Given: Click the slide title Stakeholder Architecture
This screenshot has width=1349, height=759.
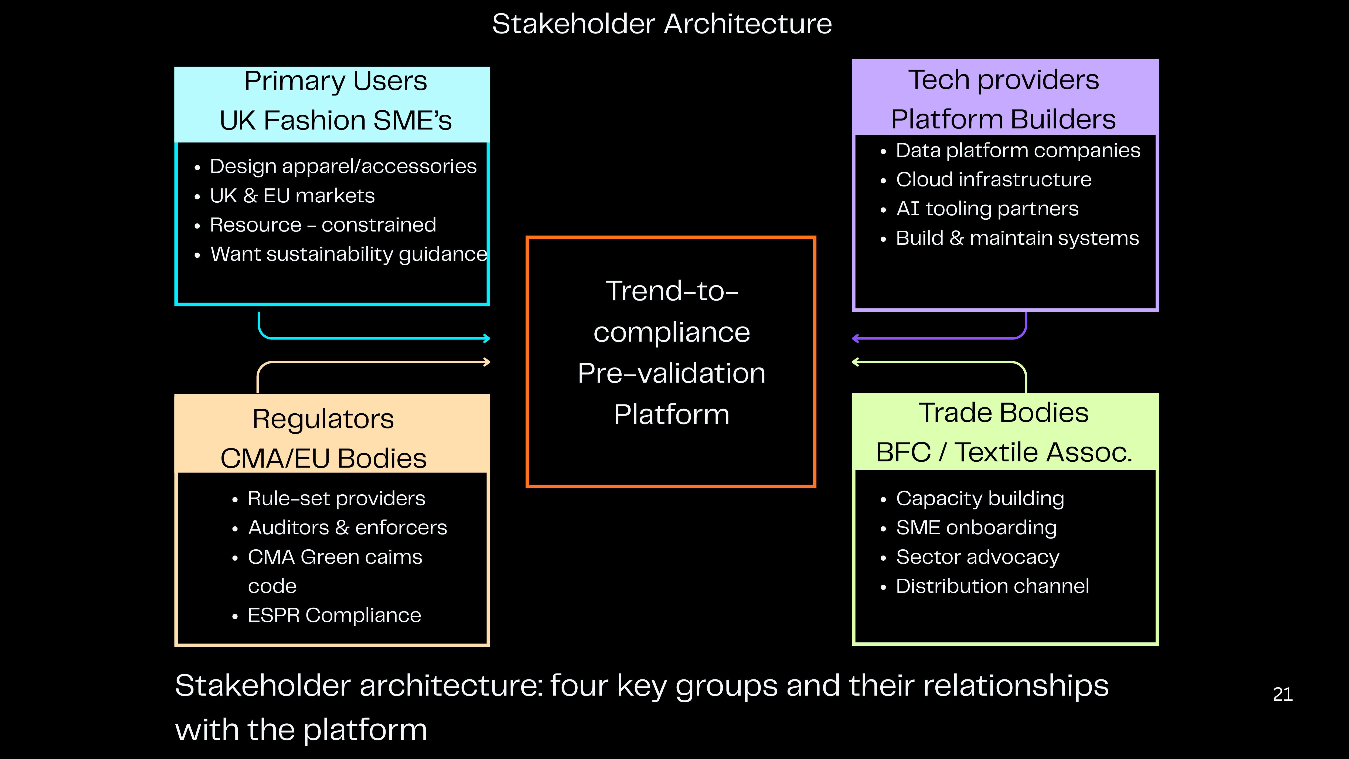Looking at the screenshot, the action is (662, 24).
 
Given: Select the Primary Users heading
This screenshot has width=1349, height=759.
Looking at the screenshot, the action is (336, 81).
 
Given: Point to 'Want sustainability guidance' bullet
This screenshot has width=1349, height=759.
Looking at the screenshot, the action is (349, 254).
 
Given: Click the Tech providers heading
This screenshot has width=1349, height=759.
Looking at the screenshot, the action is (1003, 80).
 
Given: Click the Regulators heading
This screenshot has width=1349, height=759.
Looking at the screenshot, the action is (323, 419).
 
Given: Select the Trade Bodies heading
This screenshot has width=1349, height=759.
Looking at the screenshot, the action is (1003, 413).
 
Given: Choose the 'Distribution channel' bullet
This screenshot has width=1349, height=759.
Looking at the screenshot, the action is (992, 586).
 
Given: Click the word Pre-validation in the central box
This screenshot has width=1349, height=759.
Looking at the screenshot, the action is (671, 373).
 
